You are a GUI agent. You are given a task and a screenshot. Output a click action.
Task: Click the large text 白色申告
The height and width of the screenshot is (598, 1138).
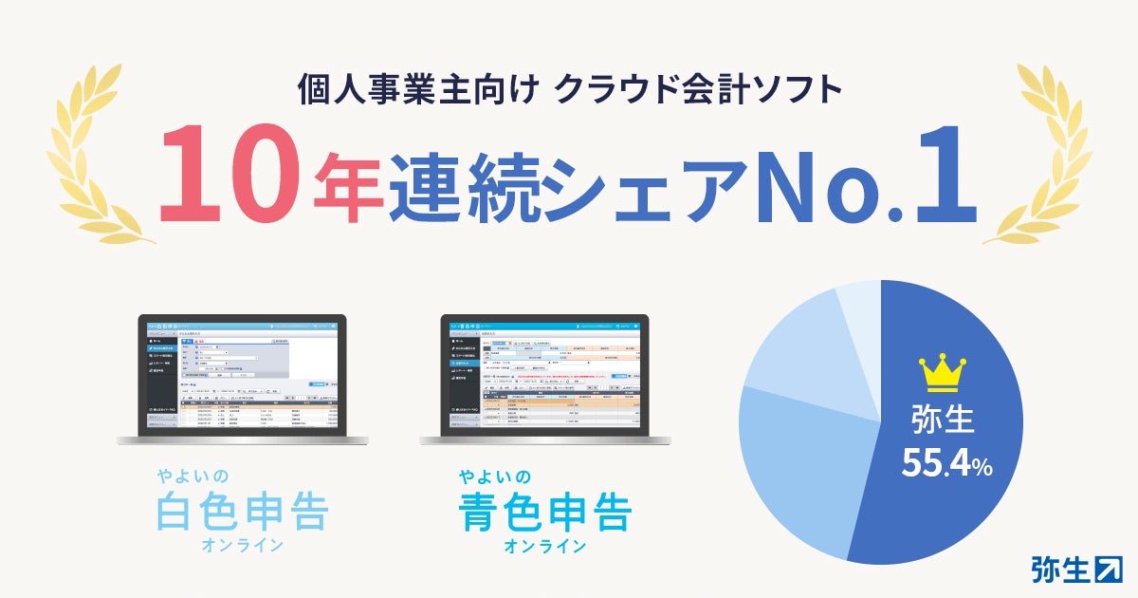[x=241, y=513]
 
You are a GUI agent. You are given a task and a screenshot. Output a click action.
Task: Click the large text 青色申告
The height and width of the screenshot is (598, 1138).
[x=544, y=513]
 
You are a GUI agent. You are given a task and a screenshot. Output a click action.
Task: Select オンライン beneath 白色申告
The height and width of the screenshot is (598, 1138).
[x=241, y=545]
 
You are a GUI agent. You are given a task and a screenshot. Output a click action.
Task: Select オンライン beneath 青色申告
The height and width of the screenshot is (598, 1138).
[x=544, y=546]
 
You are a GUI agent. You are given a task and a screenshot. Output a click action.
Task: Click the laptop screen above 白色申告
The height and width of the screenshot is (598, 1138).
[x=241, y=375]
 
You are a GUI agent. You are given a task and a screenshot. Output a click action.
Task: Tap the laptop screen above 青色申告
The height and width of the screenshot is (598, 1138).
[x=544, y=375]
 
